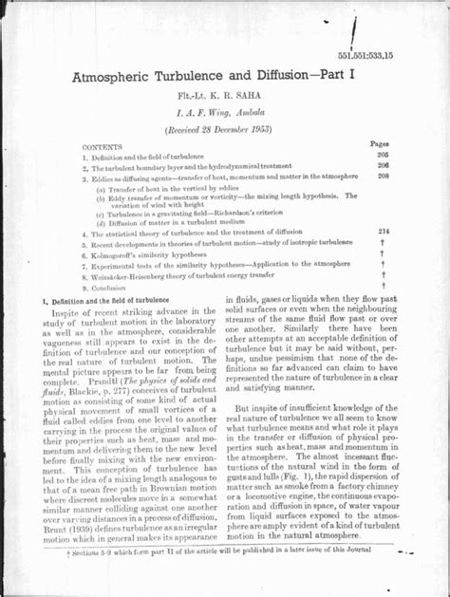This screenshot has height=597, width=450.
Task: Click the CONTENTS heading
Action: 102,148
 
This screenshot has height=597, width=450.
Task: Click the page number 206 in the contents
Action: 383,164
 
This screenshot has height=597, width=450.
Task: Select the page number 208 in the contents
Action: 383,176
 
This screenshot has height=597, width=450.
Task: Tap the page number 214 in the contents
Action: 383,231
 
